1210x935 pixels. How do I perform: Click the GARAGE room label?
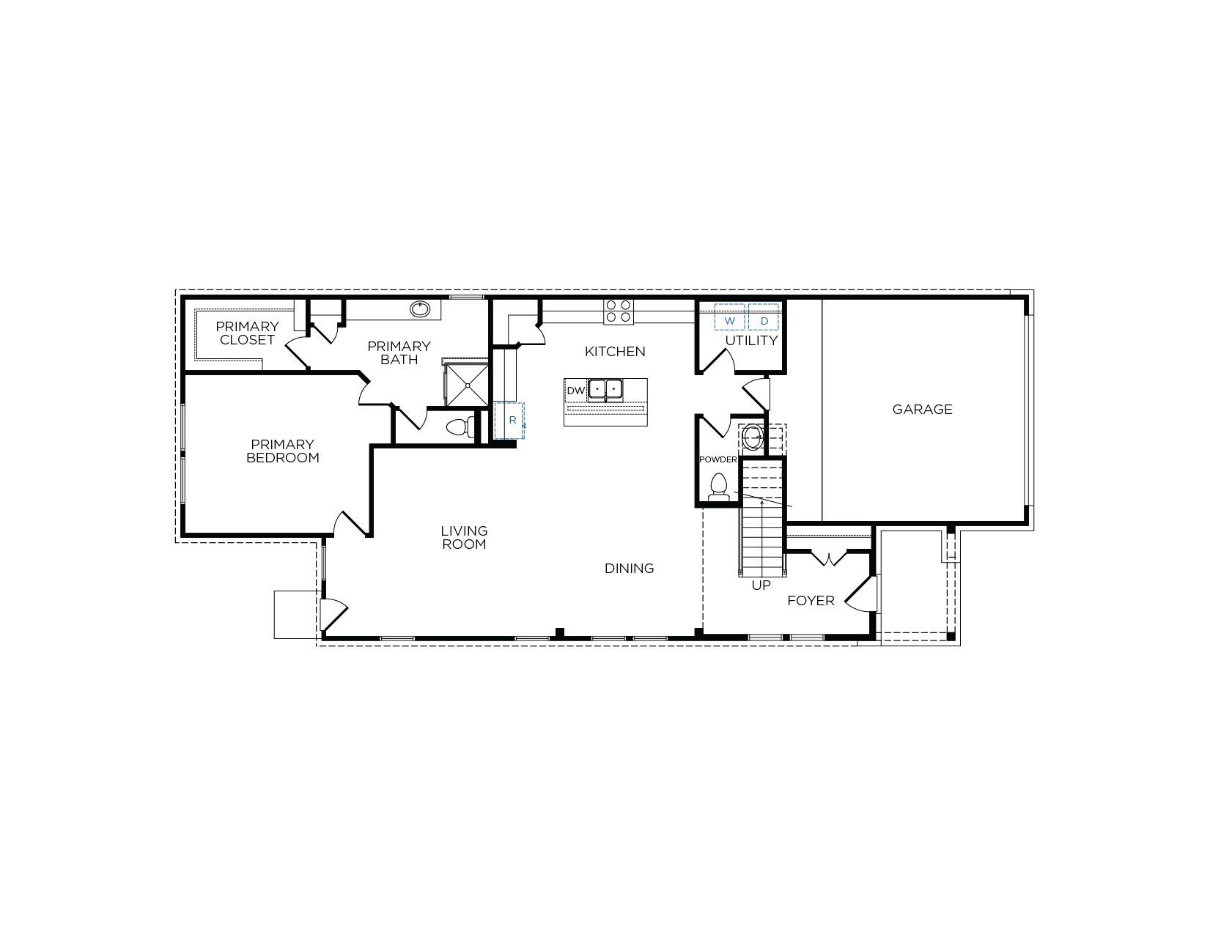pos(922,410)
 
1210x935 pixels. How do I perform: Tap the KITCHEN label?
pos(615,352)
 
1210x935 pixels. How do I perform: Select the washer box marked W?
pos(730,320)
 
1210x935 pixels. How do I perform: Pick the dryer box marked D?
pos(764,320)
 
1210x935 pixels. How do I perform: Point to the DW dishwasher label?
pos(575,391)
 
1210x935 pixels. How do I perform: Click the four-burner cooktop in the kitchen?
pos(619,311)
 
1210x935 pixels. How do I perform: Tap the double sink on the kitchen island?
pos(605,389)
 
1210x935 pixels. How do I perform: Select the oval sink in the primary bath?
pos(420,309)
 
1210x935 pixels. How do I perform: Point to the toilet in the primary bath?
pos(459,426)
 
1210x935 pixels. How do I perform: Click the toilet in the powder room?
pos(719,487)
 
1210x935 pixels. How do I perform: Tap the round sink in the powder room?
pos(753,437)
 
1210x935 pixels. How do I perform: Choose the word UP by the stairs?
pos(761,585)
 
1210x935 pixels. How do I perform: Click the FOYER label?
pos(811,601)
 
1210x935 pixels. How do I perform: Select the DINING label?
pos(629,569)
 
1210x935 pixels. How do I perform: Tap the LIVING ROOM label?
pos(464,537)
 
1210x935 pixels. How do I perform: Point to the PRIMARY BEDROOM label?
pos(282,451)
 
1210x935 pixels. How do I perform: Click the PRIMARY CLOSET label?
pos(247,333)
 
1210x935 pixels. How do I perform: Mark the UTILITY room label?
pos(751,341)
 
